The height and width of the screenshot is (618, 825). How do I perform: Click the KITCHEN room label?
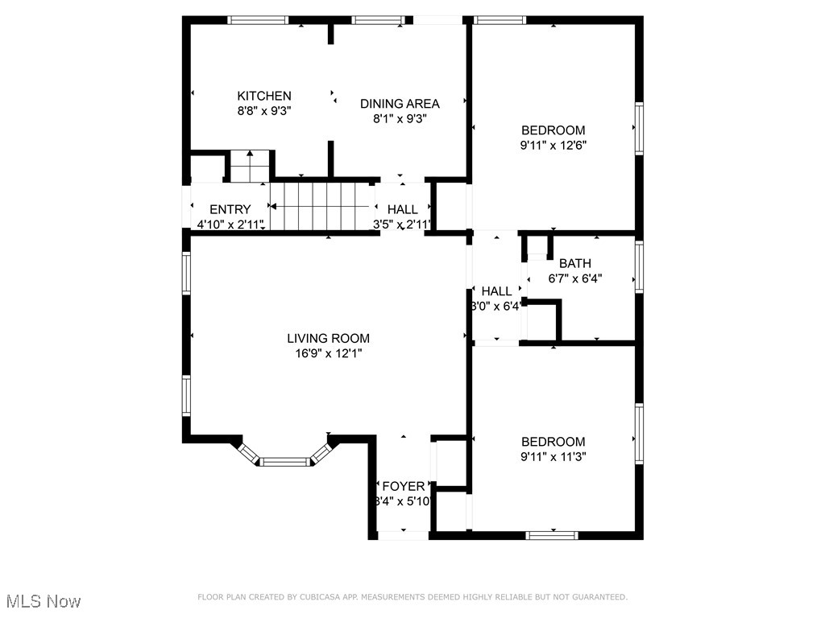point(263,96)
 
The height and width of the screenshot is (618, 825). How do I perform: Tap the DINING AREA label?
point(400,103)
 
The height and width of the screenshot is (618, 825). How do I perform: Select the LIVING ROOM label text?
point(328,338)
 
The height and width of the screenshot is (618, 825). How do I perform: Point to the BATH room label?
point(574,263)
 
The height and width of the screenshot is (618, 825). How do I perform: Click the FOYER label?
point(403,486)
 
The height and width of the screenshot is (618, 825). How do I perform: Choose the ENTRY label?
point(230,209)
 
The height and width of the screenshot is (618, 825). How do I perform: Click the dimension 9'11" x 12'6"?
point(553,146)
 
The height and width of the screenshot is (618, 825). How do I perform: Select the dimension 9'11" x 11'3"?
point(553,456)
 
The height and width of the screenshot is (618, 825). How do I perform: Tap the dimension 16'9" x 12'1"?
point(328,353)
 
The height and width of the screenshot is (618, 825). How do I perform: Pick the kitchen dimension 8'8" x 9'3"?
point(263,111)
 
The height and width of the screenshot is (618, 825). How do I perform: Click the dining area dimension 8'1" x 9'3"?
point(400,118)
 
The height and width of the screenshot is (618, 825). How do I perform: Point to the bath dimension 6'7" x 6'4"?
point(574,278)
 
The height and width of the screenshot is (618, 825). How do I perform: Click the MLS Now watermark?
point(44,601)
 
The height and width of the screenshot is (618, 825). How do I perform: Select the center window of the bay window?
point(285,462)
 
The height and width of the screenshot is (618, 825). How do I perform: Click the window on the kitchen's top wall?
point(258,20)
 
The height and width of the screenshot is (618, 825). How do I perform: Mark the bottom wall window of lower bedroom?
point(552,534)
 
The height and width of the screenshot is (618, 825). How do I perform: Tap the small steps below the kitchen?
point(249,166)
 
